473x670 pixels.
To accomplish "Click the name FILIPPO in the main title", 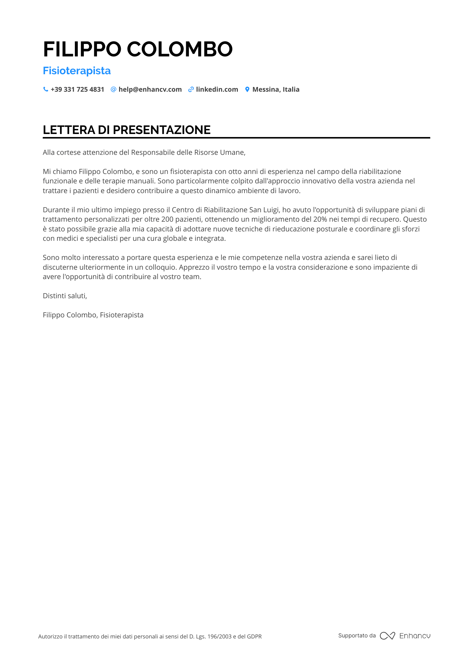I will [x=82, y=49].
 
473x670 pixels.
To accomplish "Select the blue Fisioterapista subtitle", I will [x=77, y=71].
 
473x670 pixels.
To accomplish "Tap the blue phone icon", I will [x=46, y=89].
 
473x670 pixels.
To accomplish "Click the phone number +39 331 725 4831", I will [x=77, y=89].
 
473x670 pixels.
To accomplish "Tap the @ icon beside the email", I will [x=113, y=89].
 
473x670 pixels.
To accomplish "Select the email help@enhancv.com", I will [x=150, y=89].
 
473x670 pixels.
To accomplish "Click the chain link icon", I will [x=191, y=89].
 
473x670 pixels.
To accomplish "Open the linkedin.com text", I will [x=217, y=89].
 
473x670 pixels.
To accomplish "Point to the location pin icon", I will [x=247, y=89].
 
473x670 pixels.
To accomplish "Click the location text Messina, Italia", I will [x=276, y=89].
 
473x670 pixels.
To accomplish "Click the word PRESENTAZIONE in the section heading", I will [x=162, y=130].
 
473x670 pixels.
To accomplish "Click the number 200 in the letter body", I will [x=167, y=219].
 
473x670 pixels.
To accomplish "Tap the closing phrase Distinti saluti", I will [x=65, y=296].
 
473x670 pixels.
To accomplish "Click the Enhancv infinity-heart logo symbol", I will [x=387, y=636].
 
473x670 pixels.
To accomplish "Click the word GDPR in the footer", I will [x=254, y=636].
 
